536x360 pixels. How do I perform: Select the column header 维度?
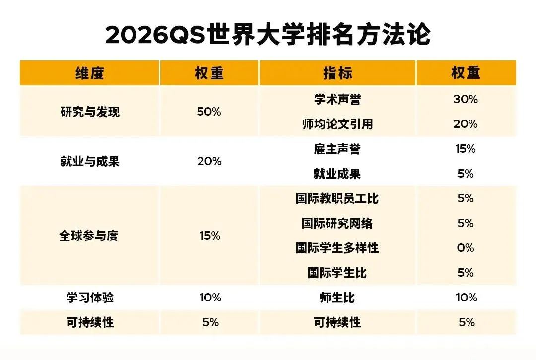pos(89,73)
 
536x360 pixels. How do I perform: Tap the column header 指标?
pos(337,73)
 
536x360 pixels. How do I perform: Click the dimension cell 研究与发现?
pos(89,112)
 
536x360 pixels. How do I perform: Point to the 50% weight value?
pos(209,112)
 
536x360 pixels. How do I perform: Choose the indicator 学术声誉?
pos(337,100)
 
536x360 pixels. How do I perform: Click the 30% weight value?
pos(466,100)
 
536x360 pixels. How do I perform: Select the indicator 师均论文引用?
pos(337,124)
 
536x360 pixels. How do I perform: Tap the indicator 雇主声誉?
pos(337,149)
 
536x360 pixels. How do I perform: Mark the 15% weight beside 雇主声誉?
pos(466,149)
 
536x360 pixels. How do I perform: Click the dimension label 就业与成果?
pos(89,162)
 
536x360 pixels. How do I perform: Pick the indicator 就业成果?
pos(337,174)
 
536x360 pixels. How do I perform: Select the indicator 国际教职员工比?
pos(337,199)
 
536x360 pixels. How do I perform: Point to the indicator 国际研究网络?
pos(337,224)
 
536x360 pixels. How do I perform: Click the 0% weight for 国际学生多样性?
pos(466,248)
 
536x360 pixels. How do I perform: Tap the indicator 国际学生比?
pos(337,273)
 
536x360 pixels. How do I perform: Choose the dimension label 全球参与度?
pos(89,236)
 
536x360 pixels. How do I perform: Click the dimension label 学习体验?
pos(89,298)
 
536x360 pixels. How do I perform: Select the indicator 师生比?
pos(337,298)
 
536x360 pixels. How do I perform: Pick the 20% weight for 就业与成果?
pos(209,162)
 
